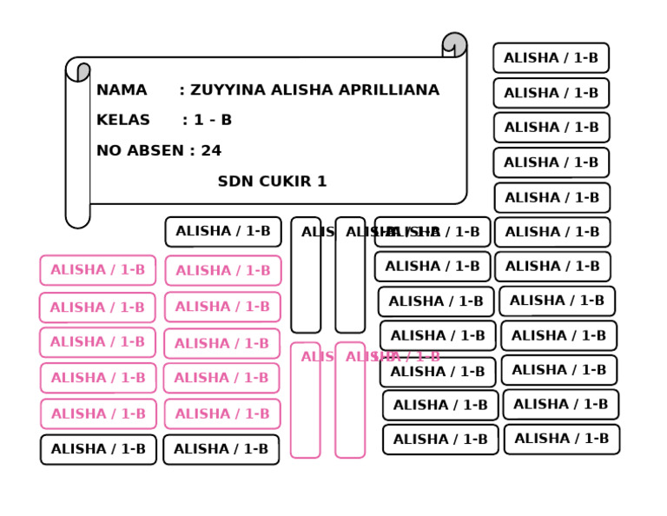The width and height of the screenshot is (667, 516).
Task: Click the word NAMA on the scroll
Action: coord(122,90)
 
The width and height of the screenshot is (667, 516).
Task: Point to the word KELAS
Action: coord(122,120)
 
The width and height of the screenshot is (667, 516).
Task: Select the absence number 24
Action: coord(211,150)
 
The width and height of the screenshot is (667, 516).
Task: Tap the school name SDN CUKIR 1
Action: coord(272,182)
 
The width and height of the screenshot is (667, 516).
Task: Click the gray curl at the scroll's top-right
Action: coord(454,43)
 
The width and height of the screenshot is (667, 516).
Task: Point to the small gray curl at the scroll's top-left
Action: coord(83,71)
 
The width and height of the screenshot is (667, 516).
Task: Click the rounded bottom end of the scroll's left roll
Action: coord(77,218)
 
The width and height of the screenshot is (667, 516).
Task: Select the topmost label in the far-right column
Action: coord(551,58)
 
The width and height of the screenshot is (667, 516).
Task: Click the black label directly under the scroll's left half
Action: coord(223,232)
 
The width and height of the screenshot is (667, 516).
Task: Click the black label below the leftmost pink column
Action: coord(98,449)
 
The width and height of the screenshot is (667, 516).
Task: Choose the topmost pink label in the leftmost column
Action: coord(98,270)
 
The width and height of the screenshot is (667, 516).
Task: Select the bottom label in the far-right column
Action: coord(561,439)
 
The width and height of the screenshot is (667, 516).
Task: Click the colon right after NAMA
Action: coord(182,90)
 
